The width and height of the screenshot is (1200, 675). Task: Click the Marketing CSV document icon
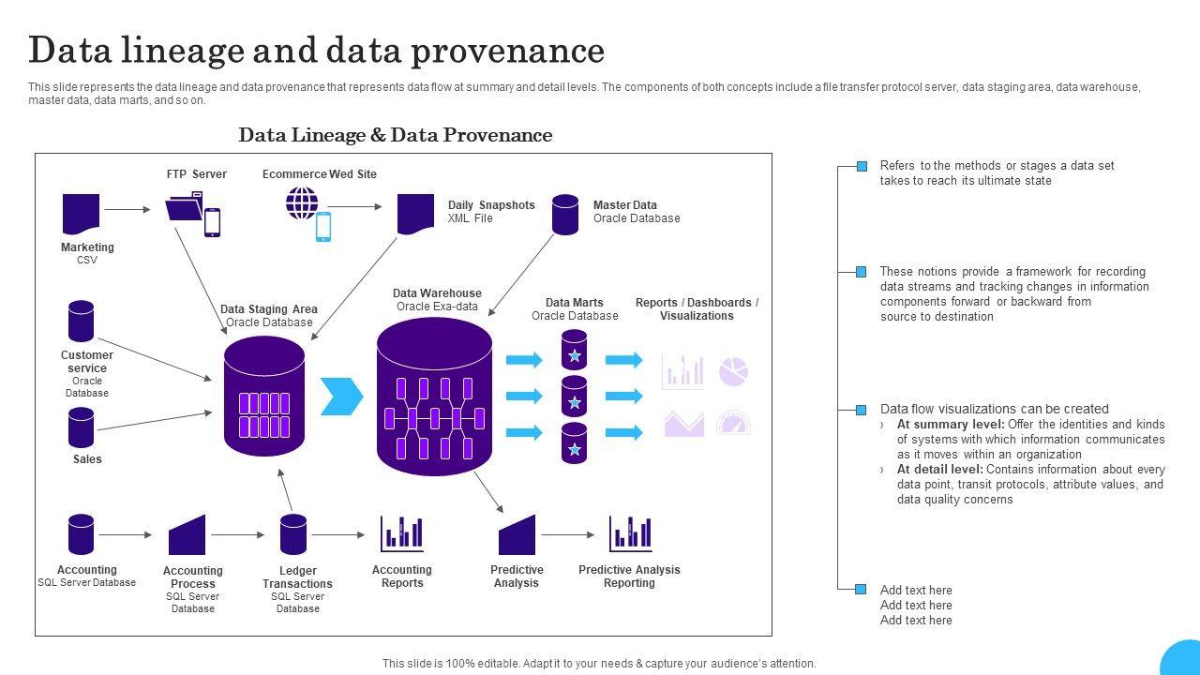(x=81, y=214)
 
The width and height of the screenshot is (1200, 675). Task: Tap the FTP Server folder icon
(x=185, y=207)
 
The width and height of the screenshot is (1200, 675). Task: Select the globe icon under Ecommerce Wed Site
(x=302, y=202)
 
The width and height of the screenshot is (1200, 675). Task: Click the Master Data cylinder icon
(x=565, y=215)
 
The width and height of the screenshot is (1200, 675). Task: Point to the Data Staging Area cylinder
(x=264, y=397)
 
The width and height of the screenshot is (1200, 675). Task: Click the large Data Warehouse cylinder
(x=434, y=397)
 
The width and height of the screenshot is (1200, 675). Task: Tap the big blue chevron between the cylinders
(x=341, y=397)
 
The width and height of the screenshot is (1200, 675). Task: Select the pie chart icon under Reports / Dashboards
(x=733, y=371)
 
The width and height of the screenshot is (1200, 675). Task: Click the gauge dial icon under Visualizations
(x=733, y=423)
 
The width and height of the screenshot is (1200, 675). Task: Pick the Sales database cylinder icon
(x=82, y=427)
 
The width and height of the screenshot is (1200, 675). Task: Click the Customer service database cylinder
(x=82, y=321)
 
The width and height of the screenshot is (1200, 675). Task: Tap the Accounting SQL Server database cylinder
(x=82, y=534)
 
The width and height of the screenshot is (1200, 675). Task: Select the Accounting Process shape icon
(x=187, y=535)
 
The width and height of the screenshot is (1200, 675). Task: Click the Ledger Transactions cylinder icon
(x=293, y=534)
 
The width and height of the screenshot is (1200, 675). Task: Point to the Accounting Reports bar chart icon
(x=401, y=534)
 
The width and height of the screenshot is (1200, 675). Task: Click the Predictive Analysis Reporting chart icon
(x=630, y=534)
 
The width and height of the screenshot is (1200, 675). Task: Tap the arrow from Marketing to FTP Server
(x=127, y=210)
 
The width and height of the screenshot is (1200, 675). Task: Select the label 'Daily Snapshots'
(x=491, y=205)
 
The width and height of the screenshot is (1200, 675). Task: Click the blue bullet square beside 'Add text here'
(x=861, y=590)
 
